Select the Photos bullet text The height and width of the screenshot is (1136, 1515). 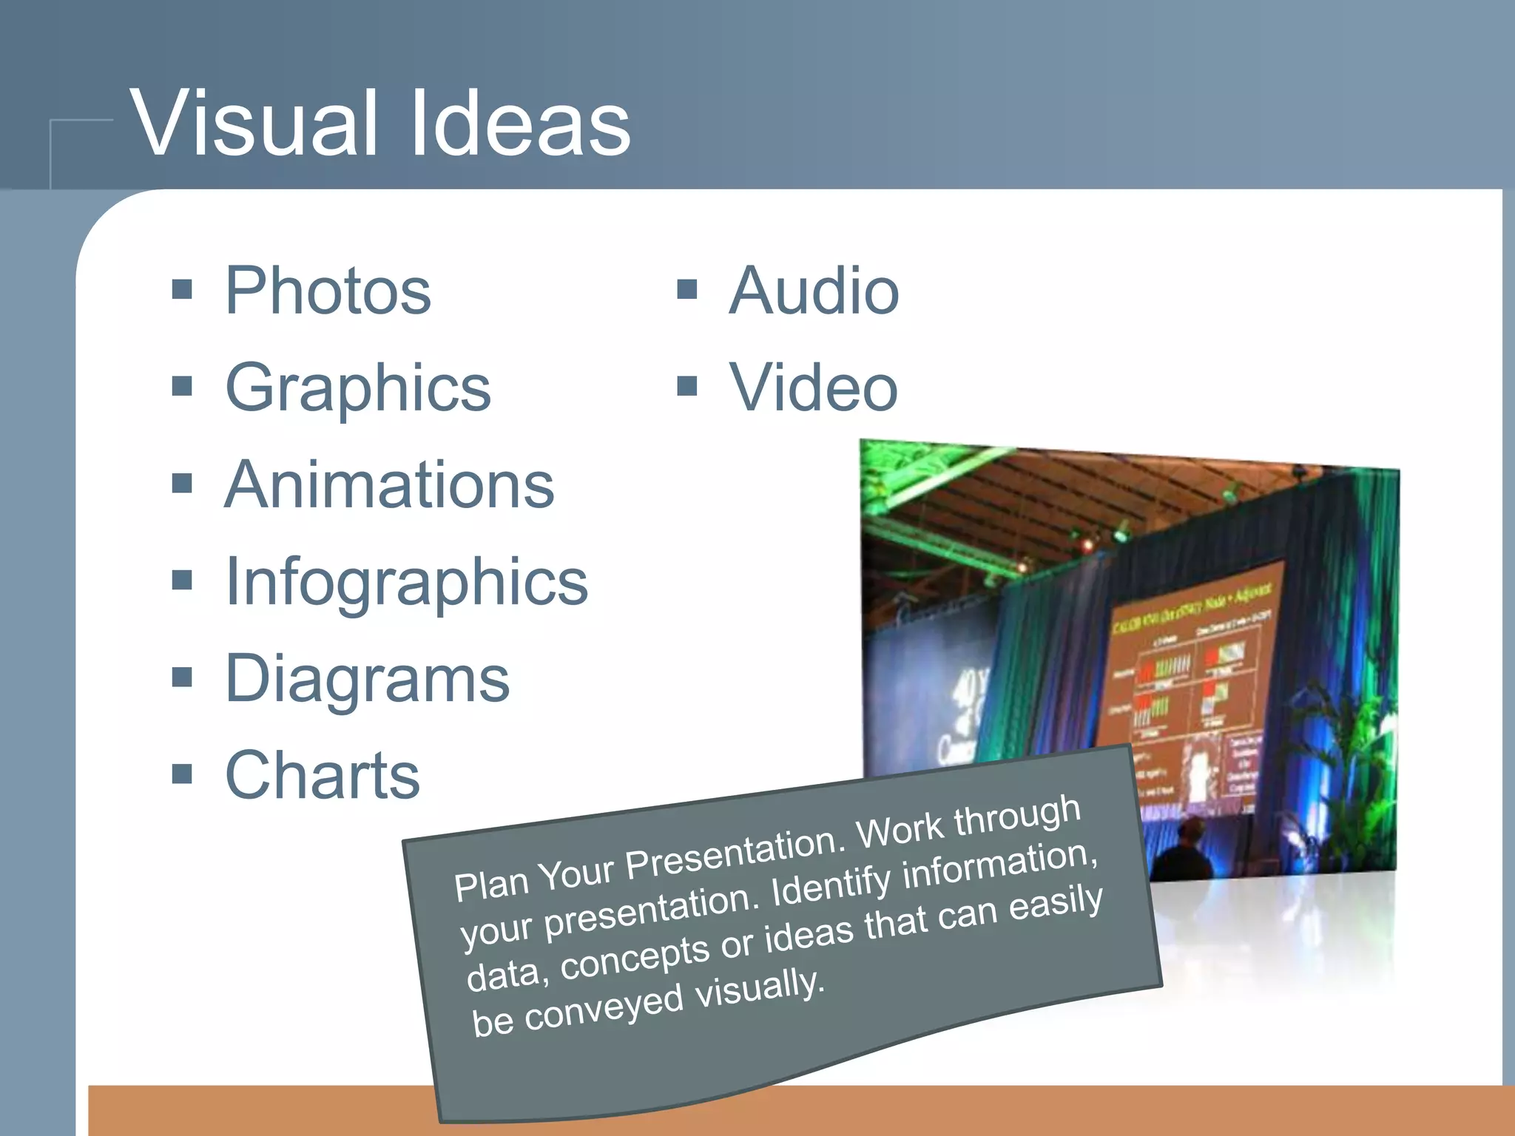pyautogui.click(x=328, y=291)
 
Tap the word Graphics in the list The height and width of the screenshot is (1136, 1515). pyautogui.click(x=358, y=388)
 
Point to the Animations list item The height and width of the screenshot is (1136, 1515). pyautogui.click(x=389, y=485)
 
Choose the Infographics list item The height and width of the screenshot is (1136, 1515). pyautogui.click(x=406, y=583)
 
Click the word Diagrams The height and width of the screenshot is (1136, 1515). pyautogui.click(x=367, y=680)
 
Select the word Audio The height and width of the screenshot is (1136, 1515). pyautogui.click(x=814, y=291)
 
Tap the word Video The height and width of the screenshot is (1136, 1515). pyautogui.click(x=814, y=388)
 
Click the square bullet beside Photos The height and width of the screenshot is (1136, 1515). pyautogui.click(x=182, y=289)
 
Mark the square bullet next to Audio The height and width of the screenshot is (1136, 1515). pyautogui.click(x=687, y=289)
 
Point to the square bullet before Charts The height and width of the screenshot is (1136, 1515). pyautogui.click(x=182, y=774)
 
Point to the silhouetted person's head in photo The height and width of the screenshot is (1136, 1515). pyautogui.click(x=1189, y=831)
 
